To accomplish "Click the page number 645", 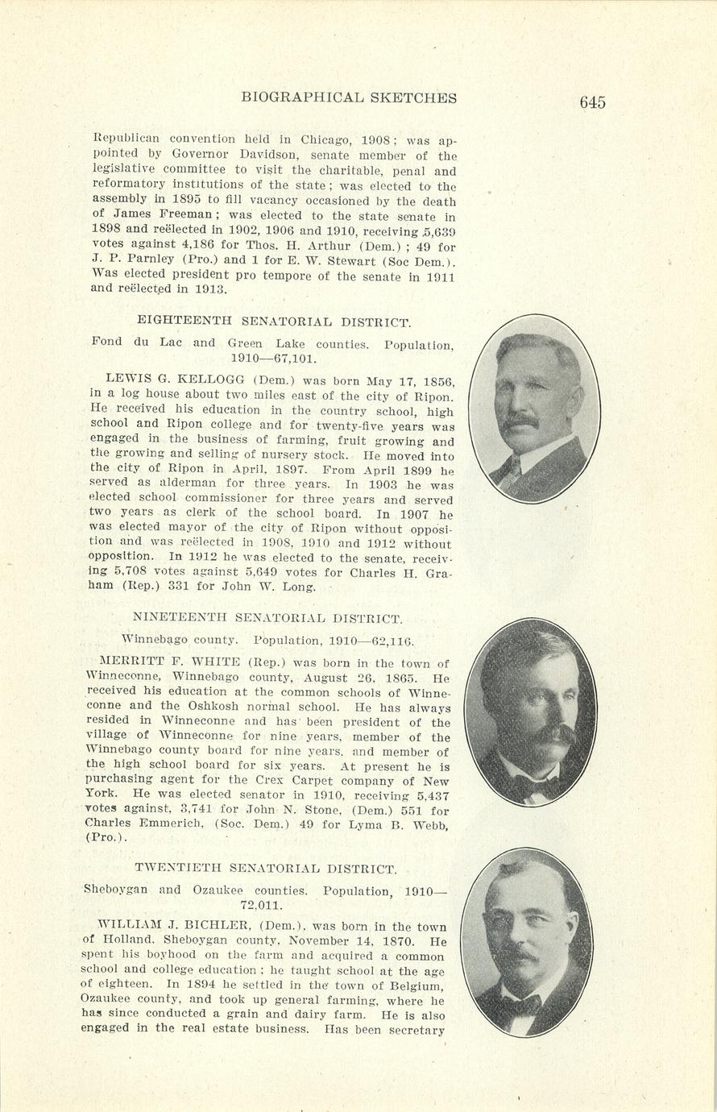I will pyautogui.click(x=591, y=102).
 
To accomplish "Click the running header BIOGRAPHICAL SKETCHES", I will pyautogui.click(x=349, y=98).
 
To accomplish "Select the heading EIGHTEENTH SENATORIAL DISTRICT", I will pyautogui.click(x=274, y=322).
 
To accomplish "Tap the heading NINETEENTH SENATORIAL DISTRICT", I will pyautogui.click(x=267, y=619).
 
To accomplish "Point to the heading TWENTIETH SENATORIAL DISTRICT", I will pyautogui.click(x=266, y=869).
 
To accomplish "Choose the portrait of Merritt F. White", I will pyautogui.click(x=531, y=712).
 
